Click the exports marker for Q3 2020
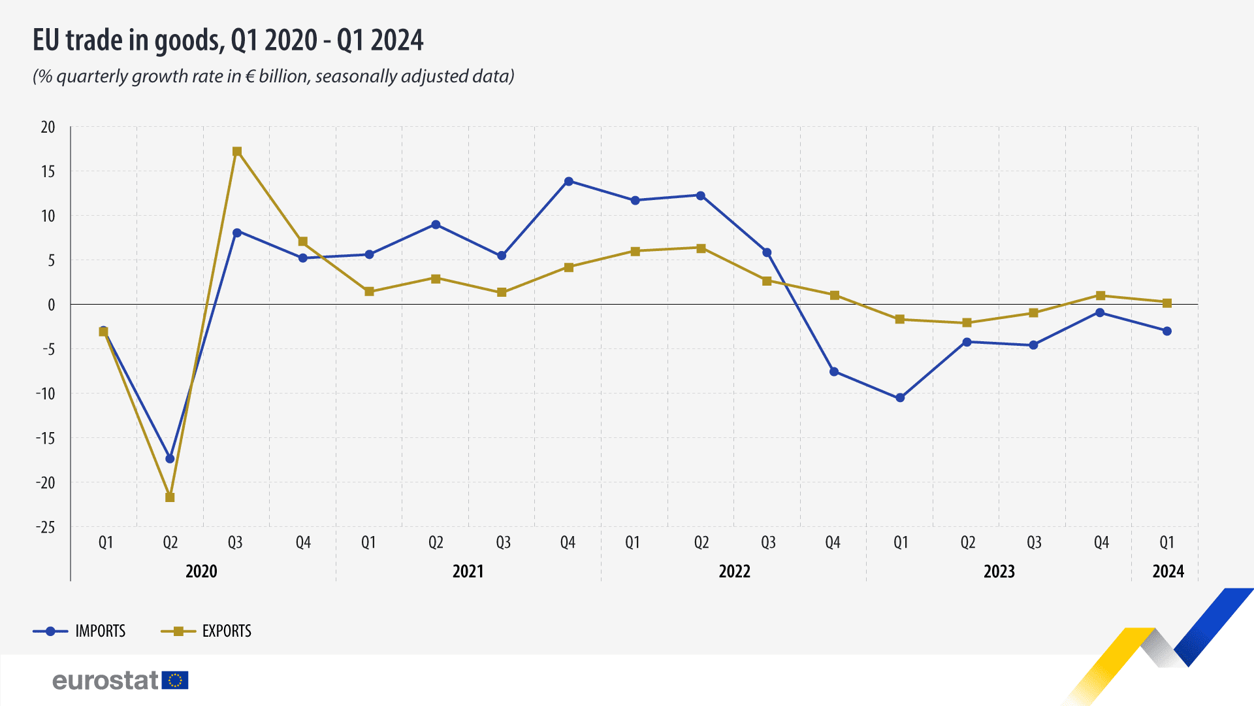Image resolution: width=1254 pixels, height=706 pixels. coord(237,152)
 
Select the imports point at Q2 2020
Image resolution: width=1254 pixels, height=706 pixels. coord(170,459)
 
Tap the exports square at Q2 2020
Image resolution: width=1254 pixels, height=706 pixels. coord(170,497)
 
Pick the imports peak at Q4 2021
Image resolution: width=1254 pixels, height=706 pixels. coord(569,181)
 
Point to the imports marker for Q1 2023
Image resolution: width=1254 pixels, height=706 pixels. coord(900,397)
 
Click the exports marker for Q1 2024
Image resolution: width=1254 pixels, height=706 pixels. coord(1167,303)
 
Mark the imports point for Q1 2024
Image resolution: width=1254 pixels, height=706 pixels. coord(1167,331)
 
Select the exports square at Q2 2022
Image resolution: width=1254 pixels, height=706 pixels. coord(701,248)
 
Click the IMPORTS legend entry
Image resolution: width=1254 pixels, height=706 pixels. coord(100,631)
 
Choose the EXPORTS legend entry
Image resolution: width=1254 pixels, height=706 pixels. coord(226,631)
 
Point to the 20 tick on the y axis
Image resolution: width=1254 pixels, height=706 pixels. coord(48,127)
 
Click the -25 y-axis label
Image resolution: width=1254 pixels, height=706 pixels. coord(46,527)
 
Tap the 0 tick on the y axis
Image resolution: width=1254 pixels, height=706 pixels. coord(51,305)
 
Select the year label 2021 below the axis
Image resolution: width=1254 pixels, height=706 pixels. coord(468,571)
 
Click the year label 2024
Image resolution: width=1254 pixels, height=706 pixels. coord(1168,571)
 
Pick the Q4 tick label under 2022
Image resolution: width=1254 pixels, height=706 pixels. coord(833,543)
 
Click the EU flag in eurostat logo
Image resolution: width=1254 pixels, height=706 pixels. coord(174,681)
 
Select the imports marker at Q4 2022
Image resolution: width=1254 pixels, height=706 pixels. coord(834,371)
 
